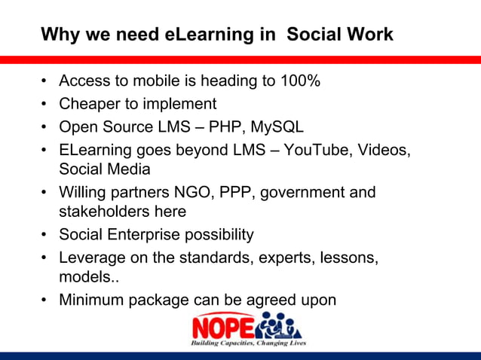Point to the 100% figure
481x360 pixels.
pyautogui.click(x=299, y=81)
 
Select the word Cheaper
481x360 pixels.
pyautogui.click(x=89, y=104)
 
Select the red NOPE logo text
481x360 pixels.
pyautogui.click(x=223, y=326)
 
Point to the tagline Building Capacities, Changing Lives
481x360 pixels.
pyautogui.click(x=248, y=343)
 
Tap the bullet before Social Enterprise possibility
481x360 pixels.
pyautogui.click(x=46, y=234)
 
